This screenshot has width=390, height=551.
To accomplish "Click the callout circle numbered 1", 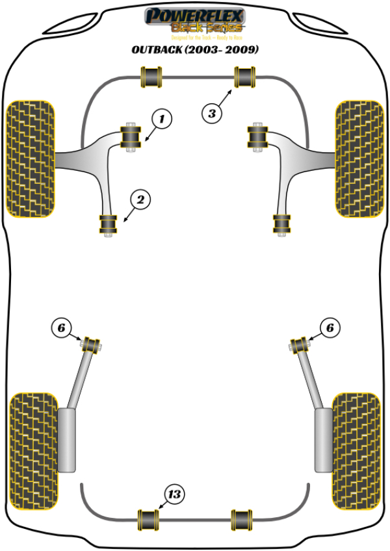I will tap(162, 119).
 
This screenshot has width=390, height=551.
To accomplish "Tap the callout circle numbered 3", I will tap(211, 114).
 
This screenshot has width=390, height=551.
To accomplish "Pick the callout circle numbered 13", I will tap(174, 495).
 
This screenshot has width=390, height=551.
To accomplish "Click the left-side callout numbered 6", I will tap(60, 329).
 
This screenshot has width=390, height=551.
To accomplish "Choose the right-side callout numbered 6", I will tap(330, 329).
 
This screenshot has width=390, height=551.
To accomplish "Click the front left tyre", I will tap(30, 158).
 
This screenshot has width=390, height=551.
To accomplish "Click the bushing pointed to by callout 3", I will tap(246, 77).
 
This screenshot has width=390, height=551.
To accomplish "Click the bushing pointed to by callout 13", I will tap(150, 519).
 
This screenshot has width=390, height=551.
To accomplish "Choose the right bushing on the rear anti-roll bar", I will tap(243, 519).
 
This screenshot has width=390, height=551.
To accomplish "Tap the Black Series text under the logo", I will tap(206, 27).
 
